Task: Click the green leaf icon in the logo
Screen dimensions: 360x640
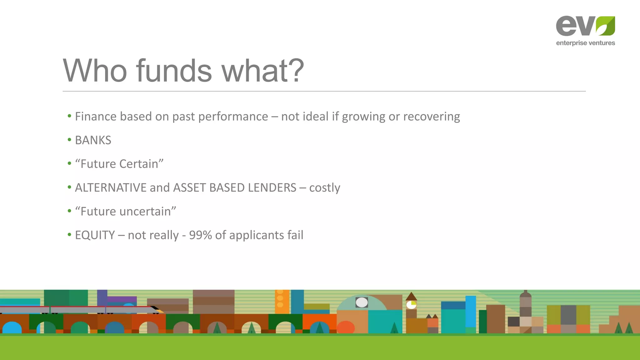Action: (x=605, y=26)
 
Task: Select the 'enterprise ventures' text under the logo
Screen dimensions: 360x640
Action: (x=585, y=43)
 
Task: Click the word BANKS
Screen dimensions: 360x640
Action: (x=93, y=140)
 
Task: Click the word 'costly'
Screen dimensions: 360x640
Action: (x=324, y=188)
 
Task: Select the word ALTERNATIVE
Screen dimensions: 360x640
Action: (x=111, y=188)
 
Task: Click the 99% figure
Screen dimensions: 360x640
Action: (x=201, y=235)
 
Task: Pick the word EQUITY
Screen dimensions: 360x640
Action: (x=95, y=235)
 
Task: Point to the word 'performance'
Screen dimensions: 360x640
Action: (x=233, y=117)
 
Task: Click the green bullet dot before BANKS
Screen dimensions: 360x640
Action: (x=69, y=140)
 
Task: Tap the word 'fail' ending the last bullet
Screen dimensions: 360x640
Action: (x=295, y=235)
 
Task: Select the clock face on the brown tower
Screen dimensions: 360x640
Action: (x=411, y=305)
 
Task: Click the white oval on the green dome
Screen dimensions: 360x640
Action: (x=362, y=302)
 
